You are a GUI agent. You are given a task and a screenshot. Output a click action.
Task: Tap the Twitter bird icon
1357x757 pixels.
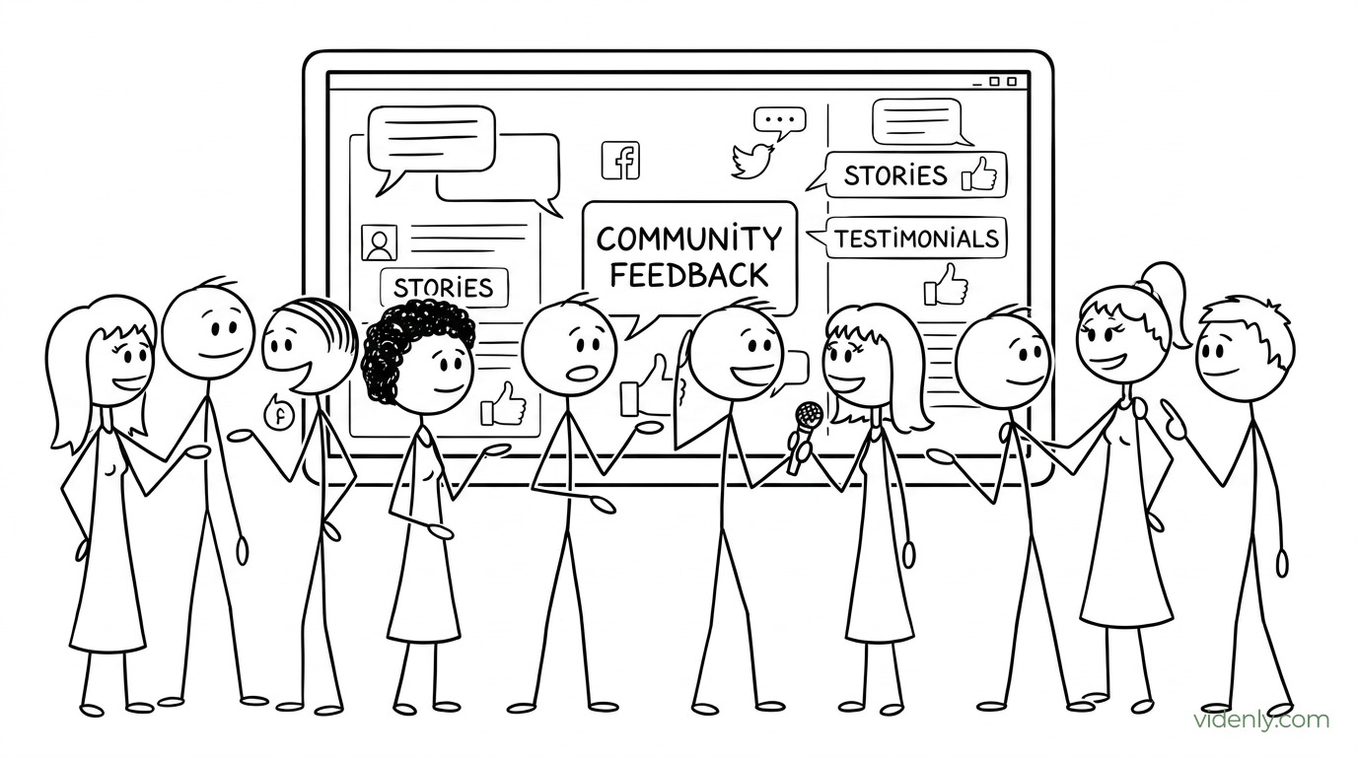click(752, 161)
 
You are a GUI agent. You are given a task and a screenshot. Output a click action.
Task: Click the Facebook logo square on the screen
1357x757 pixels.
click(620, 161)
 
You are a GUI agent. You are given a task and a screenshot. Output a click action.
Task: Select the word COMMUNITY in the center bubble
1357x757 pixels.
click(688, 239)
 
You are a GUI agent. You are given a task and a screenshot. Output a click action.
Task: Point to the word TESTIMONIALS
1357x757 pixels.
click(917, 239)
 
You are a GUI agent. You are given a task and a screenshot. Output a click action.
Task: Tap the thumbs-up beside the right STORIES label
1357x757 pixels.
click(979, 173)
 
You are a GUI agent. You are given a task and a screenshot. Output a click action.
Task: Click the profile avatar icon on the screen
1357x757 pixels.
click(380, 242)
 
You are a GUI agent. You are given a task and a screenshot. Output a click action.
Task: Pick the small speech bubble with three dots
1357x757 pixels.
click(779, 123)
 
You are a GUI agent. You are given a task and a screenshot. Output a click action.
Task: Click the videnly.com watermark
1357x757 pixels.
click(1262, 721)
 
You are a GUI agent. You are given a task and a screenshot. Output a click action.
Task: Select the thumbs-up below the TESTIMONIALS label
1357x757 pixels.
click(945, 284)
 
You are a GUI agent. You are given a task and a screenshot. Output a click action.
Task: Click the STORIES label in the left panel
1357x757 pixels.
click(444, 288)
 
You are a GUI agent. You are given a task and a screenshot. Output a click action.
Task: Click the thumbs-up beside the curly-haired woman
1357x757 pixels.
click(503, 404)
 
